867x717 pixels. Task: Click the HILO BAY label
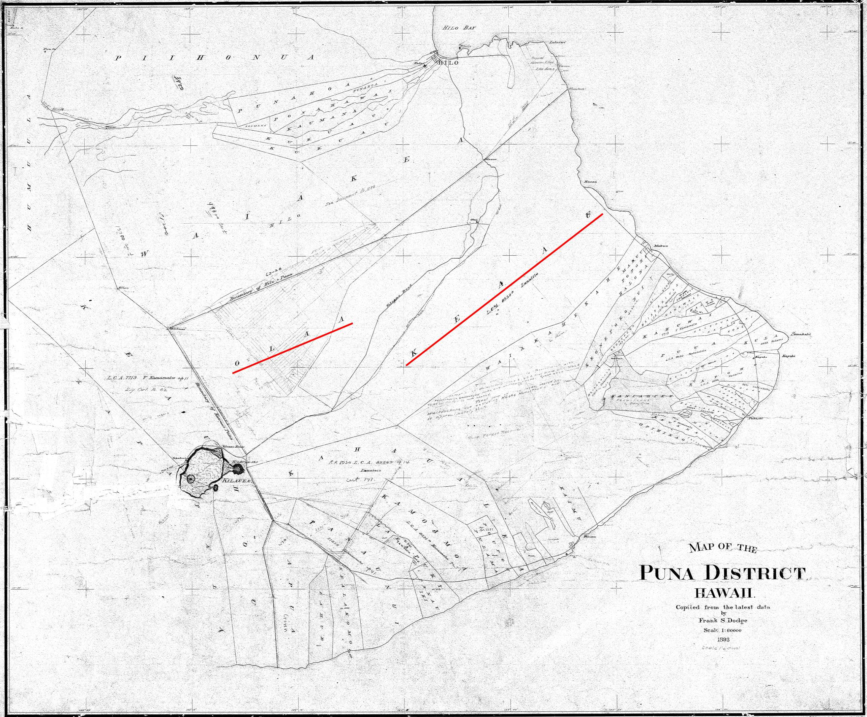click(459, 28)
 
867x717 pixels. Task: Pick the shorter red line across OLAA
click(292, 348)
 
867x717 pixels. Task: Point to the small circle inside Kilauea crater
click(191, 479)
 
